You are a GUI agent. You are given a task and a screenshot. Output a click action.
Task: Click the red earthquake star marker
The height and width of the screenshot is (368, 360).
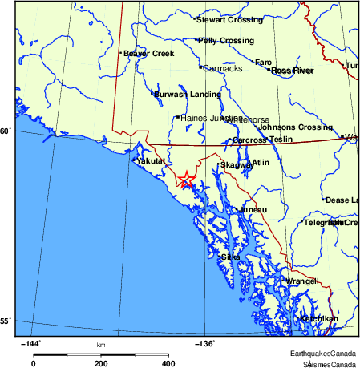pos(186,180)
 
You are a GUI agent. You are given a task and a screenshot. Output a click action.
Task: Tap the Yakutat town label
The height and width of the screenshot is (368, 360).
pos(151,161)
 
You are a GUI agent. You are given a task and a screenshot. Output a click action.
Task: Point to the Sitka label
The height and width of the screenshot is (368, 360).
pos(231,257)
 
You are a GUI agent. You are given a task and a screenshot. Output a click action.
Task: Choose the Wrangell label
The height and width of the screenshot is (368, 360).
pos(302,281)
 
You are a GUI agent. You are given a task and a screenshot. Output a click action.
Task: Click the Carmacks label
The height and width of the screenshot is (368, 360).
pos(223,68)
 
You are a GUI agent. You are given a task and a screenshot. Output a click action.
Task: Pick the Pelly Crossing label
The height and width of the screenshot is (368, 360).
pos(226,40)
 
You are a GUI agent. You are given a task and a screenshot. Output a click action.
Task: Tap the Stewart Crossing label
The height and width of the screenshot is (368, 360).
pos(230,19)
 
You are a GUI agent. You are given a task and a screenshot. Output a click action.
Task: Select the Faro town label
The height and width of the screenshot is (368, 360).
pos(264,62)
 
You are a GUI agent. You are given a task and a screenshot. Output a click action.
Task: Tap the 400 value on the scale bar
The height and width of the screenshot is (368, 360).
pos(169,363)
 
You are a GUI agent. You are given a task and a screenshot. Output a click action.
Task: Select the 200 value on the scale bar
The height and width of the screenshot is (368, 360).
pos(101,363)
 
